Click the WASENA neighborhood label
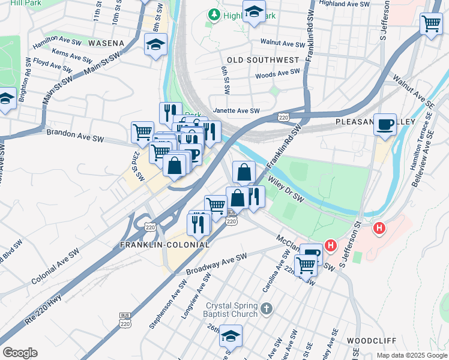coord(106,43)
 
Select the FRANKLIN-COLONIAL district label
coord(165,245)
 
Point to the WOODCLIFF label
coord(371,340)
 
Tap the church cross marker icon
coord(267,310)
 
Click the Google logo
coord(20,353)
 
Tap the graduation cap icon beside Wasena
coord(155,44)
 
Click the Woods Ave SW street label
coord(277,74)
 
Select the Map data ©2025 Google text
coord(412,355)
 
